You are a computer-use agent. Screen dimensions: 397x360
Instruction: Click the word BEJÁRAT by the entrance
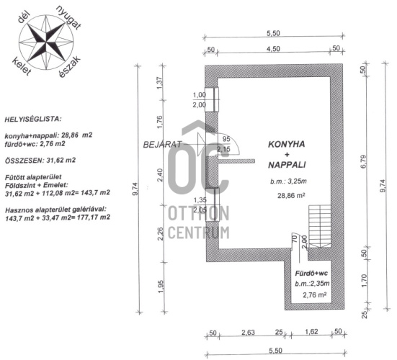click(162, 144)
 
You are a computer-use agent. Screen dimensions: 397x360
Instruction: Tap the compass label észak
click(69, 66)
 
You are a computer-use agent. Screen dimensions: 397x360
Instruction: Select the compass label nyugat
click(68, 18)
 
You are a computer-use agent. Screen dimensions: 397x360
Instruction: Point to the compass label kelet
click(22, 66)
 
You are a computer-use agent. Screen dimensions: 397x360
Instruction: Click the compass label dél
click(24, 18)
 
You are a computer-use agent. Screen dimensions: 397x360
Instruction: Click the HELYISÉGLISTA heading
click(33, 119)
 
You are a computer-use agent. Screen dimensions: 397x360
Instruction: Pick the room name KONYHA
click(287, 145)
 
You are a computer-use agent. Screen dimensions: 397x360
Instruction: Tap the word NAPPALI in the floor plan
click(287, 165)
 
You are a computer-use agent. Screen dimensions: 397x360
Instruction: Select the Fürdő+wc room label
click(311, 274)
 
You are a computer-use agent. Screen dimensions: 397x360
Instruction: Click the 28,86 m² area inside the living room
click(291, 195)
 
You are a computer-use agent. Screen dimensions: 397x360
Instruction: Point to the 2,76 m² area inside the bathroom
click(314, 294)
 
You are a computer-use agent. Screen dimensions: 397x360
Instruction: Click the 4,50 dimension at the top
click(273, 48)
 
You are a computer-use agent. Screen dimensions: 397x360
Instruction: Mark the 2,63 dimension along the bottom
click(248, 332)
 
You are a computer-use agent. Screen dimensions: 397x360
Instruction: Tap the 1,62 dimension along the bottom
click(311, 331)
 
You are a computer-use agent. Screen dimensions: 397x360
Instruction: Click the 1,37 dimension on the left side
click(160, 83)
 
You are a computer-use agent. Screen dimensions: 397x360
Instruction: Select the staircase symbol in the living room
click(319, 226)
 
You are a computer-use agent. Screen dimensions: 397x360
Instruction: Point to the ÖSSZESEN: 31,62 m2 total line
click(40, 161)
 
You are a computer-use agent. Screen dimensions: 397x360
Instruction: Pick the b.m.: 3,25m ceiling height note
click(288, 181)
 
